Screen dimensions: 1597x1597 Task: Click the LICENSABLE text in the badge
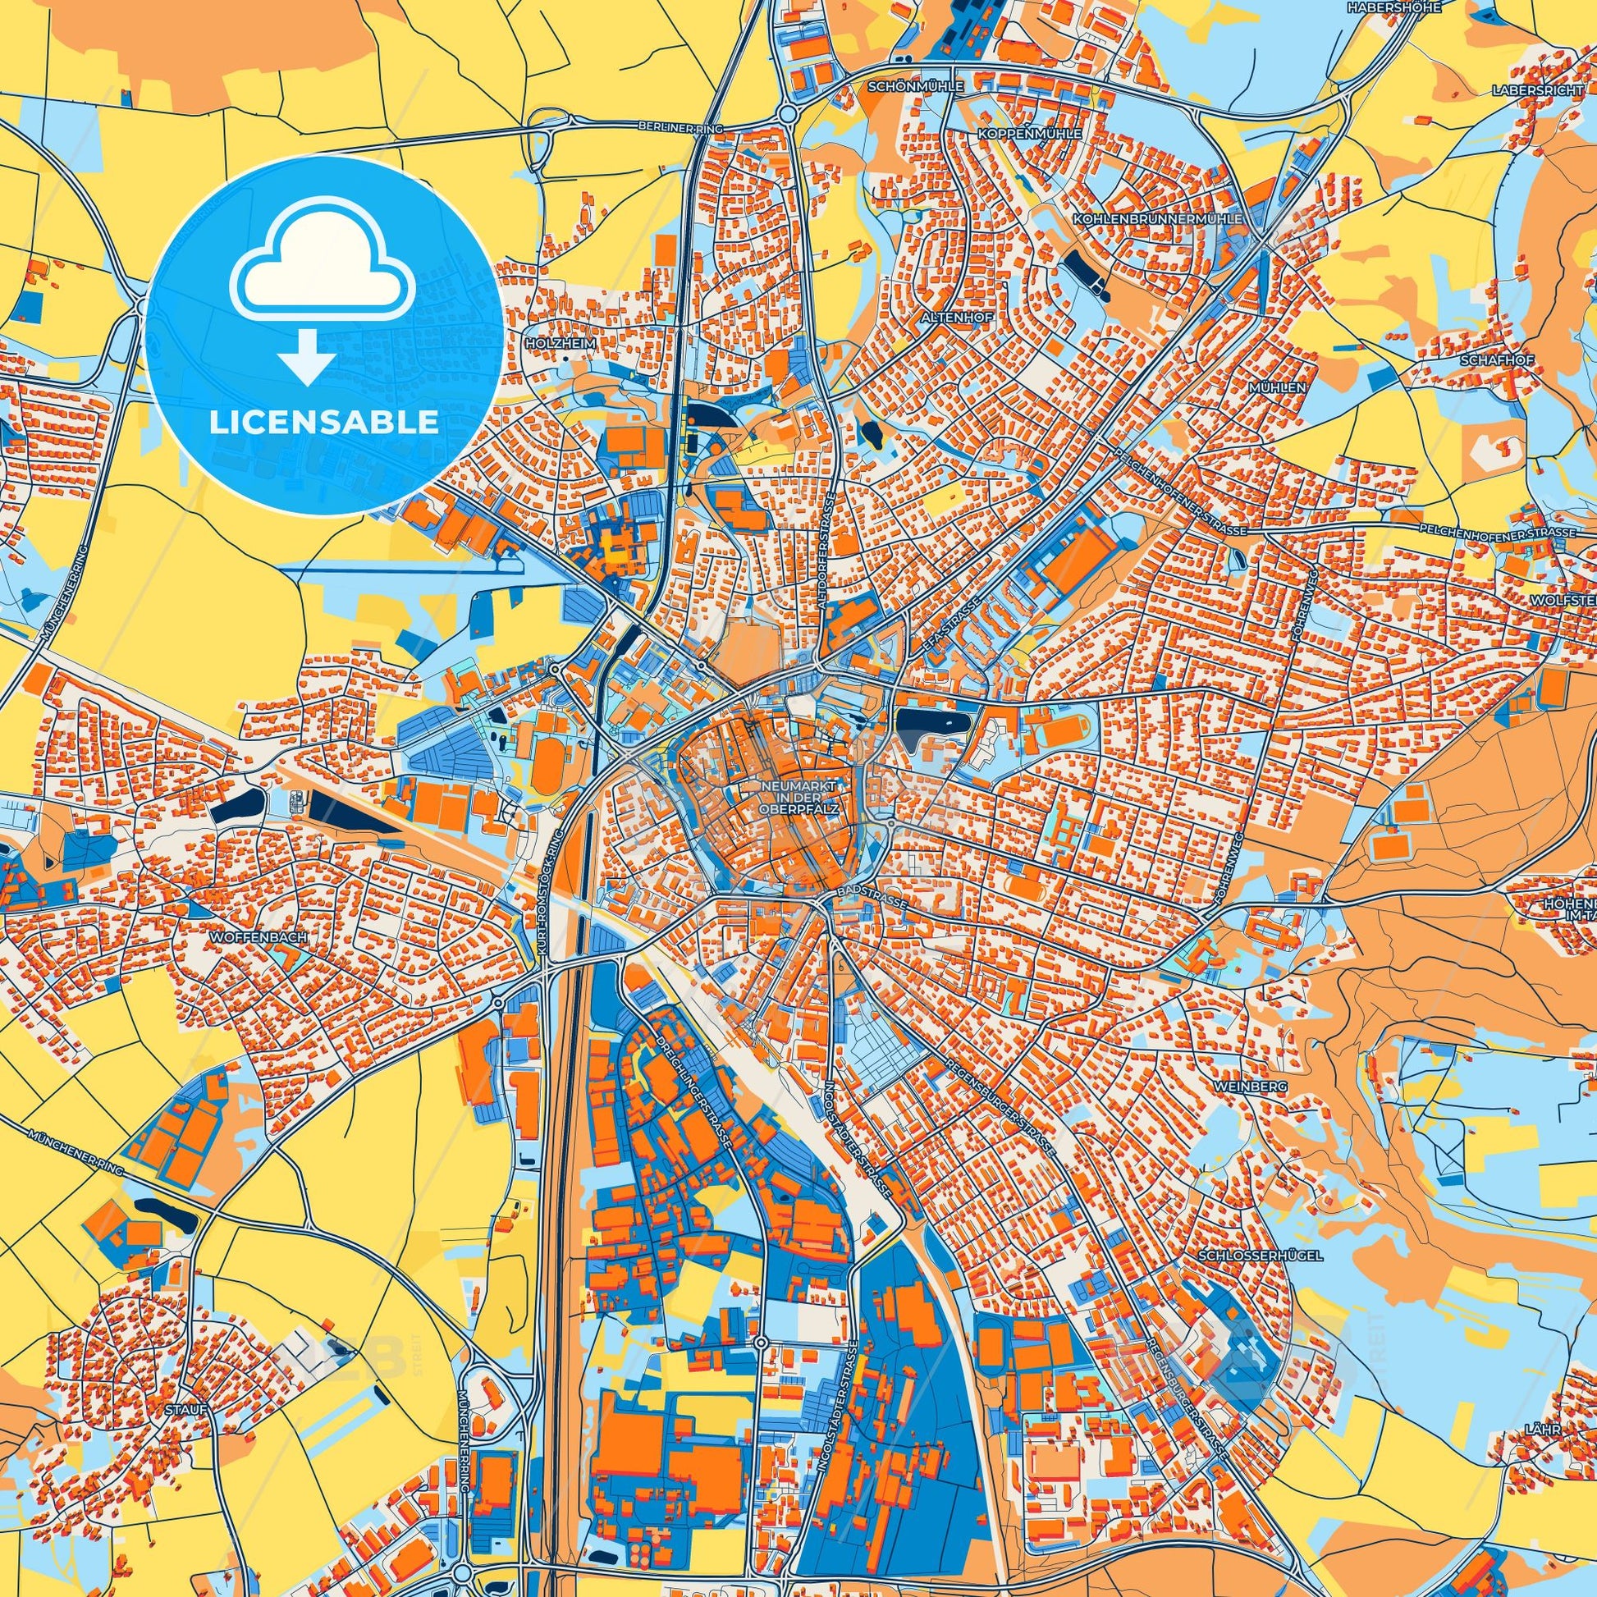pyautogui.click(x=323, y=423)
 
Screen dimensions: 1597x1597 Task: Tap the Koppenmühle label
pyautogui.click(x=1017, y=133)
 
